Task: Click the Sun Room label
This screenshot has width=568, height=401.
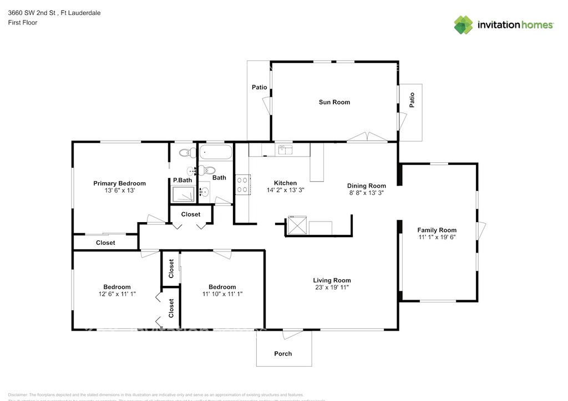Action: pyautogui.click(x=334, y=102)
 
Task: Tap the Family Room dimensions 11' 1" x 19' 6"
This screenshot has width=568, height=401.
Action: pyautogui.click(x=437, y=237)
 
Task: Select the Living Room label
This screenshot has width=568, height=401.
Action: pyautogui.click(x=332, y=280)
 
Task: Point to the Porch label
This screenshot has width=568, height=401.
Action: pyautogui.click(x=283, y=353)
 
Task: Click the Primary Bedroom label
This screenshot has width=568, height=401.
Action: pyautogui.click(x=119, y=183)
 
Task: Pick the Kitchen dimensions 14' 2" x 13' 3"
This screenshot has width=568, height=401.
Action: pyautogui.click(x=285, y=190)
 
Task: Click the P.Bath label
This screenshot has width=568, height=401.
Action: pyautogui.click(x=182, y=180)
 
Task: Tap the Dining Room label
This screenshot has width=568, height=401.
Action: pyautogui.click(x=366, y=186)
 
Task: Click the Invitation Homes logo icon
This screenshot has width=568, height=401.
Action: pyautogui.click(x=464, y=25)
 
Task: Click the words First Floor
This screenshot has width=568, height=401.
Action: pyautogui.click(x=23, y=23)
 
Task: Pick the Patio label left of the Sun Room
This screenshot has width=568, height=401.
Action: pyautogui.click(x=259, y=88)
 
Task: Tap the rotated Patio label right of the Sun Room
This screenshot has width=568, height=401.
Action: pyautogui.click(x=412, y=100)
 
